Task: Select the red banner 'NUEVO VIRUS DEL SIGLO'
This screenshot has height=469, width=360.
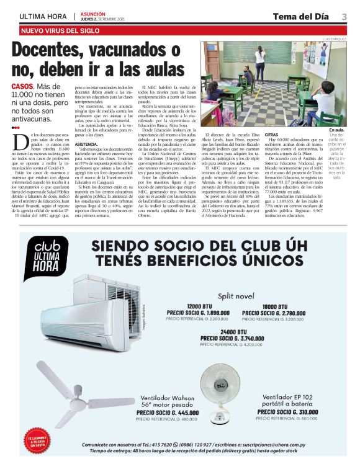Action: tap(60, 30)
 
